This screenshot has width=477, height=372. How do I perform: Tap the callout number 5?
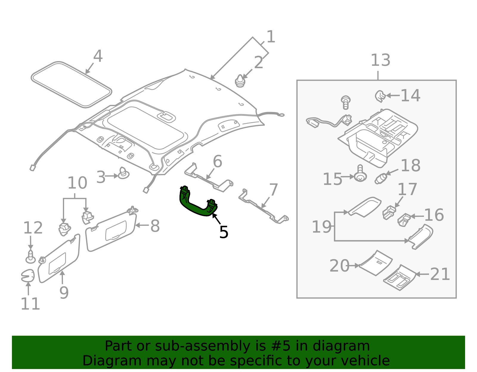tap(224, 232)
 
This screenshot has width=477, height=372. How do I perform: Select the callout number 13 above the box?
tap(380, 60)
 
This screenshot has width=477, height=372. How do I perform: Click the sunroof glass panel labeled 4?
tap(72, 85)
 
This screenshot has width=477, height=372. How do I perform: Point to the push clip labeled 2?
tap(240, 81)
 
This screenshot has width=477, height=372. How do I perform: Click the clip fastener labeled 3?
tap(123, 173)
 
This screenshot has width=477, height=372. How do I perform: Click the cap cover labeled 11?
tap(28, 276)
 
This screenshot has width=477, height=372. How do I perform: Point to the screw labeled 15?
tap(360, 175)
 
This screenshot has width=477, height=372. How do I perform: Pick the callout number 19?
tap(321, 227)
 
